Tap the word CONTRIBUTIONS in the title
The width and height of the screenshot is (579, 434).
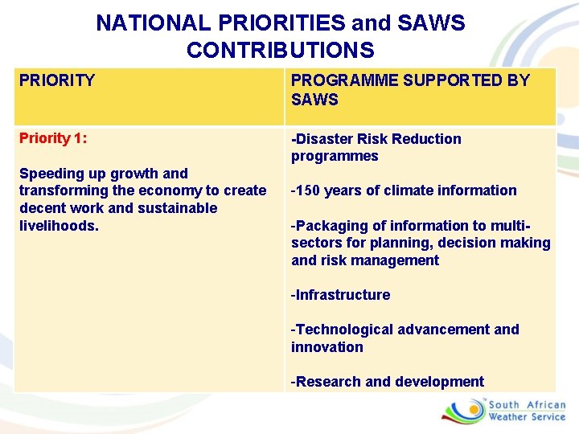click(x=280, y=51)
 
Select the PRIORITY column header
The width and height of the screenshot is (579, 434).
click(x=56, y=80)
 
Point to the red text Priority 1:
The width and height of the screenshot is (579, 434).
click(x=53, y=138)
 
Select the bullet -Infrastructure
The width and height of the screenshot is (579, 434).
click(x=340, y=295)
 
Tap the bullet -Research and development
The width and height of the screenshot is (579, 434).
click(x=387, y=382)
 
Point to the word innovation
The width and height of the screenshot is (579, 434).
click(x=326, y=347)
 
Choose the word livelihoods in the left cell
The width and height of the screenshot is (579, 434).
click(x=58, y=226)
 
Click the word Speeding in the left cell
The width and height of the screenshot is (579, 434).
click(x=47, y=174)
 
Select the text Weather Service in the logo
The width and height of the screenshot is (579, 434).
click(x=527, y=417)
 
